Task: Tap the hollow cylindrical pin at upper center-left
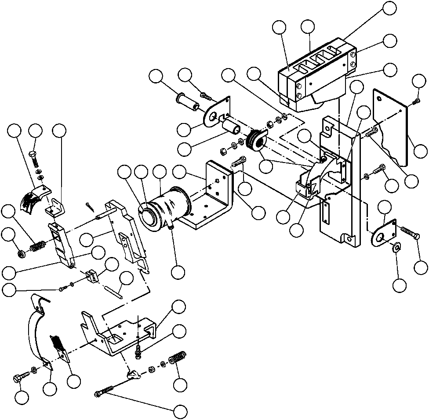point(187,101)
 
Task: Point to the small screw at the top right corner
point(416,102)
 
